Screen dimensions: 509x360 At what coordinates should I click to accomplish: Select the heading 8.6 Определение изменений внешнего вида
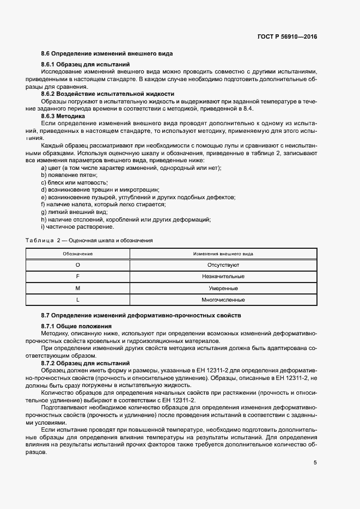(x=107, y=54)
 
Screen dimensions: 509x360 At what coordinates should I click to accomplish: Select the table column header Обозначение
(x=77, y=254)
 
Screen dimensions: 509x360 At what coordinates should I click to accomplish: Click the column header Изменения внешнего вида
(x=223, y=254)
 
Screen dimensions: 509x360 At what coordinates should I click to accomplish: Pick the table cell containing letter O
(x=77, y=265)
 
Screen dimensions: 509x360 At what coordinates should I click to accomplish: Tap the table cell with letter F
(x=77, y=277)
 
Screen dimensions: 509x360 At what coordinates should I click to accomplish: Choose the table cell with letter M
(x=77, y=288)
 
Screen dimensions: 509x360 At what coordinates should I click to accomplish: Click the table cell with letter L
(x=77, y=299)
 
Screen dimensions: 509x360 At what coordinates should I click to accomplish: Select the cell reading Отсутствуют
(x=223, y=265)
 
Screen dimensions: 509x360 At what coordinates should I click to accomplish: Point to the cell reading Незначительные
(x=223, y=277)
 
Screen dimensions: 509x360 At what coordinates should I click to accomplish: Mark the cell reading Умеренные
(x=223, y=288)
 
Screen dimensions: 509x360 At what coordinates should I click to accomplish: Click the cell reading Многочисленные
(x=223, y=299)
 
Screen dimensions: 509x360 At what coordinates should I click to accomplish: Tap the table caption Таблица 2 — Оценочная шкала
(x=89, y=240)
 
